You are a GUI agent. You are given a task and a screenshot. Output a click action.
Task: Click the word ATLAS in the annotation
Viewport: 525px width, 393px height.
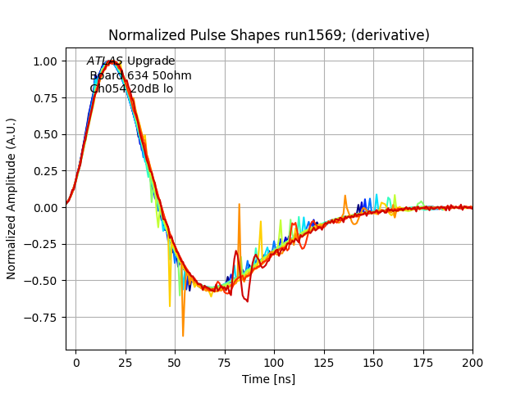[x=105, y=61]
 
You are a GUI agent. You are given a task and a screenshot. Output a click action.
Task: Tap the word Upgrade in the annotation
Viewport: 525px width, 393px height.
[x=151, y=61]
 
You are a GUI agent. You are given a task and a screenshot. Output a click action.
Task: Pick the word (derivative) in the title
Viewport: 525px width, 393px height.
[x=386, y=36]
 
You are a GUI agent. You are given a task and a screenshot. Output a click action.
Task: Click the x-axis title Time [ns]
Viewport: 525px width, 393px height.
[x=268, y=379]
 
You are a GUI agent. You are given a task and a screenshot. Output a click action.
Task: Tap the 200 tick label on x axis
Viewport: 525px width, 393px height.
[x=472, y=361]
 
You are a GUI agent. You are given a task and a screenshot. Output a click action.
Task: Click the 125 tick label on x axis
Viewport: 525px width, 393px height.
[x=324, y=361]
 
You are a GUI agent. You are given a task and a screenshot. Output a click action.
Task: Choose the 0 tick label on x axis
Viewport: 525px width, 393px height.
[x=76, y=361]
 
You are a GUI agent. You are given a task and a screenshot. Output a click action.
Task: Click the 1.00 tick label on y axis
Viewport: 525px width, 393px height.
[x=44, y=61]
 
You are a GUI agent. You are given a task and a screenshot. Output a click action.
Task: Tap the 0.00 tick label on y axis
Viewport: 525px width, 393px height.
[x=44, y=207]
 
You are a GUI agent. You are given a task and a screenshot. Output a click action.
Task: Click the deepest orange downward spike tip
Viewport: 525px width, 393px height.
[x=183, y=336]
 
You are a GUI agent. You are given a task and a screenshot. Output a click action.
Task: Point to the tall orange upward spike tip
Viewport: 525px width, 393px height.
[x=240, y=205]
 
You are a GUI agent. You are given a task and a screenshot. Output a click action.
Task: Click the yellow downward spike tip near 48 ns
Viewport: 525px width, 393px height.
[x=170, y=306]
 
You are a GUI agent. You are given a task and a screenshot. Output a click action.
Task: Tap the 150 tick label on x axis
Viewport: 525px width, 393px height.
[x=373, y=361]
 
